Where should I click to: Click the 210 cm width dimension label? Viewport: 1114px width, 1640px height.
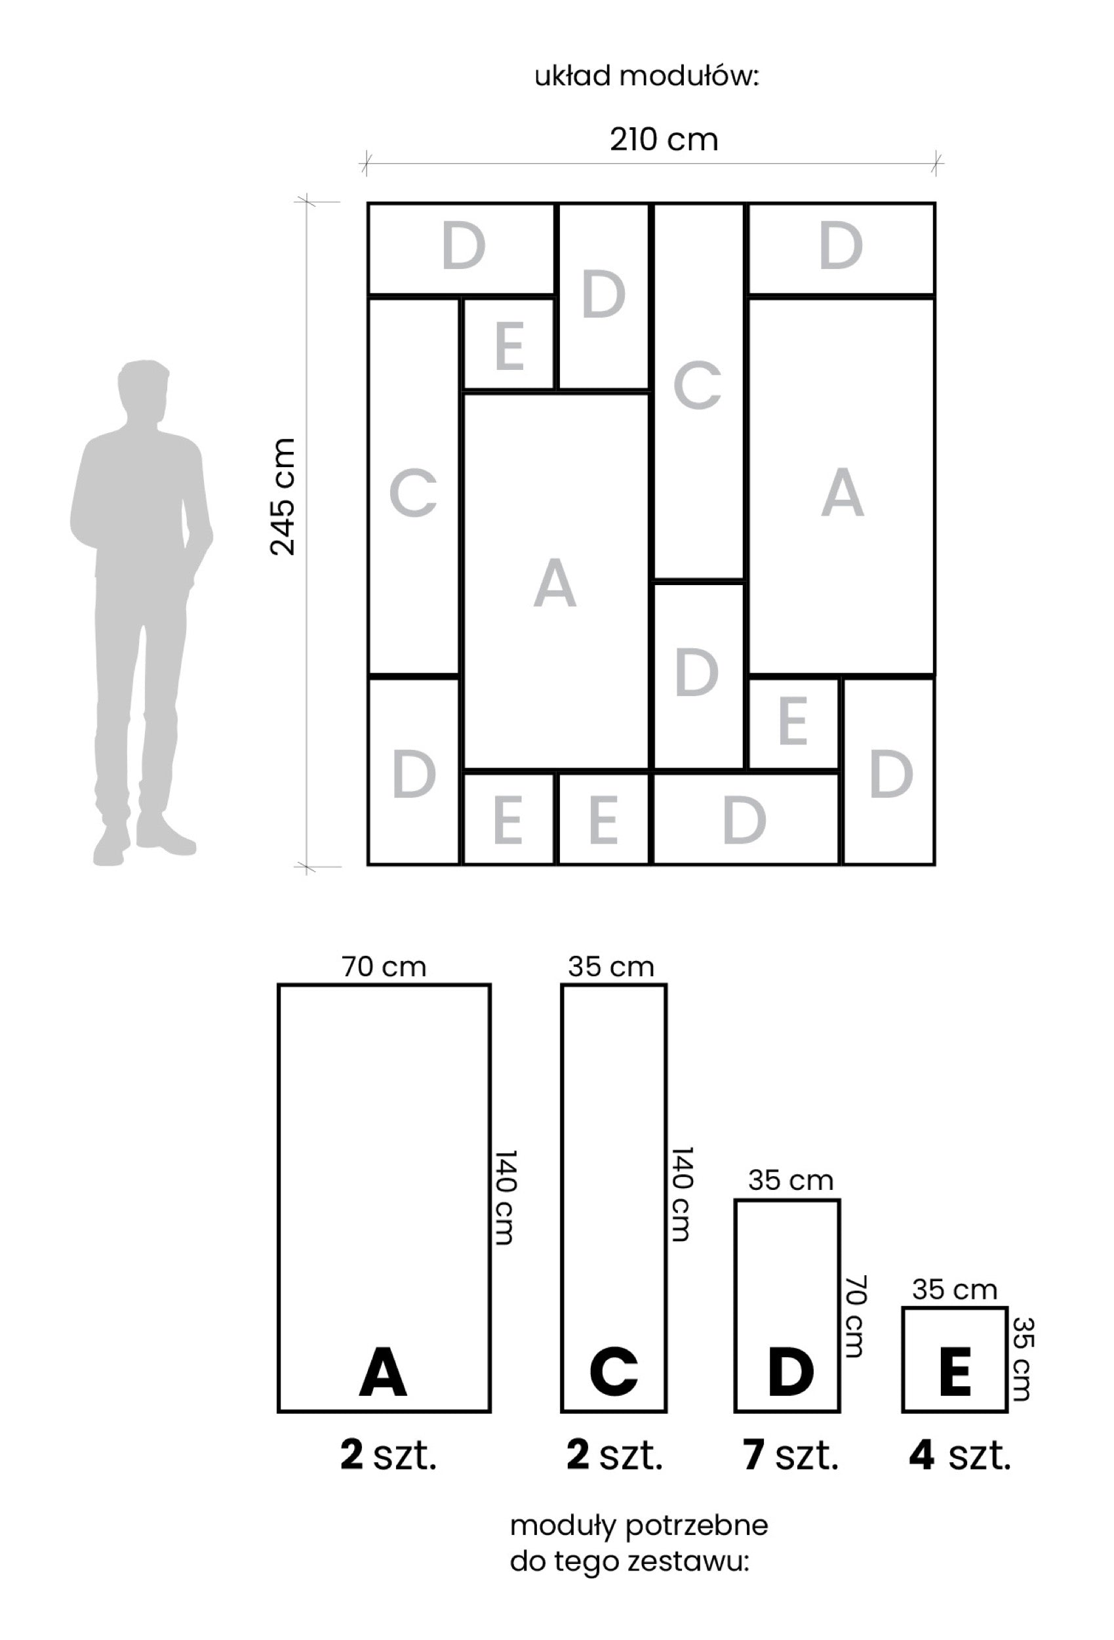pos(664,140)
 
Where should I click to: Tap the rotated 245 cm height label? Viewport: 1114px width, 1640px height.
pos(283,497)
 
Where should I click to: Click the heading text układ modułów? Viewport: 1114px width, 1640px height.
pos(647,76)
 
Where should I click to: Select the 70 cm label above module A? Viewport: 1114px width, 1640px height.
pos(384,966)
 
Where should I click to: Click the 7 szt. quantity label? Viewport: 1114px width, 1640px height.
pos(790,1455)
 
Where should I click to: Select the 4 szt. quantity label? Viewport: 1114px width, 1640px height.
pos(960,1455)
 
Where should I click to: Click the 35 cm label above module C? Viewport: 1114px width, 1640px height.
pos(611,966)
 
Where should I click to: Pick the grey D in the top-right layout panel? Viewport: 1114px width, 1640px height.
pos(841,245)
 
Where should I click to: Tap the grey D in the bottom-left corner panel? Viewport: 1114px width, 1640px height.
pos(414,774)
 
